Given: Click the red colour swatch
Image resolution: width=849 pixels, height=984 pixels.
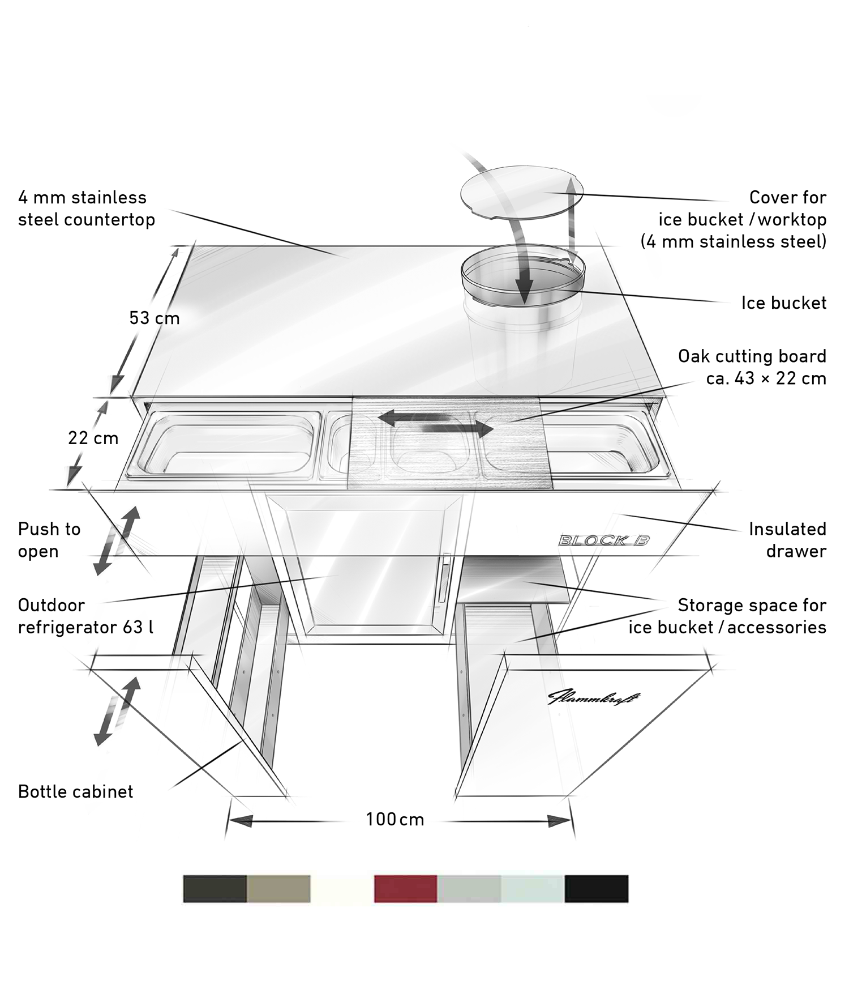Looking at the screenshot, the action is coord(405,888).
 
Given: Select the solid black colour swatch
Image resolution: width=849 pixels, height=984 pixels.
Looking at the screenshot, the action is coord(597,888).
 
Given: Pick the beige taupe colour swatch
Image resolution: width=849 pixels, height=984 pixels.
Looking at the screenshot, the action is coord(278,888).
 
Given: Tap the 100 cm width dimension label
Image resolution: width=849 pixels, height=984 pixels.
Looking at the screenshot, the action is coord(395,820).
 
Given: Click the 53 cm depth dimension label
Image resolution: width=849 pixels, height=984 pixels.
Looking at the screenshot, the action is coord(155,318).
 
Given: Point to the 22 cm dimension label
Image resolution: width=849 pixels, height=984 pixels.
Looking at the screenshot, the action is coord(93,438).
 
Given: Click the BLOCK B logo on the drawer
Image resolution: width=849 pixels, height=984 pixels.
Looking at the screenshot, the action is coord(604,540).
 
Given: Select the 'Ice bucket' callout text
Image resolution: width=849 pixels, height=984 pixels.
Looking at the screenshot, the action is coord(784,303).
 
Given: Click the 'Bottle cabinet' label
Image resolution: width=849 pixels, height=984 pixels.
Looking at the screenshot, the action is coord(76,791).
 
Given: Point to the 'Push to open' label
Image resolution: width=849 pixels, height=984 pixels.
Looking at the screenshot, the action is coord(49,540).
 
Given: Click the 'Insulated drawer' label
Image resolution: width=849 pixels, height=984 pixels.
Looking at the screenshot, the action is coord(787,540).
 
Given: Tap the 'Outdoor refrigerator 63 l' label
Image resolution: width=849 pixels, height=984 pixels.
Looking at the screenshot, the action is coord(85,616).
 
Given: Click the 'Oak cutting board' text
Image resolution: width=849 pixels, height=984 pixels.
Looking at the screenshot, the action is coord(752,356).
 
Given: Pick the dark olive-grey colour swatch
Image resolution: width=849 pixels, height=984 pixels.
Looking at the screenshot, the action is coord(215,888).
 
